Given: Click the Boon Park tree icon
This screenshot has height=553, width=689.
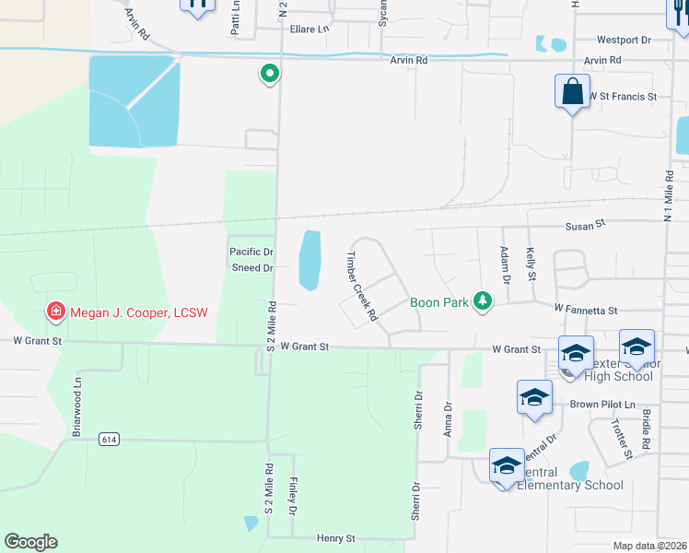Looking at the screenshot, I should click(481, 300).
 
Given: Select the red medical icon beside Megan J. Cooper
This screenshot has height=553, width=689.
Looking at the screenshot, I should click(56, 312).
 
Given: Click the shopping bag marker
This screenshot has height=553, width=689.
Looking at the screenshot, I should click(572, 92).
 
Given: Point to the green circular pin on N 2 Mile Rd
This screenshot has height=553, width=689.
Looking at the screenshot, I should click(269, 73).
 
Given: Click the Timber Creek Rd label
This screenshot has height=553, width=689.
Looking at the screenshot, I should click(362, 286).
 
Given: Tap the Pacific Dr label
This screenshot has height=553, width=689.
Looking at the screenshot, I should click(251, 252).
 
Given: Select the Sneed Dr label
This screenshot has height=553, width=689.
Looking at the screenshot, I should click(251, 268).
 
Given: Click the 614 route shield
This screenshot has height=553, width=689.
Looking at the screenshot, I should click(109, 440).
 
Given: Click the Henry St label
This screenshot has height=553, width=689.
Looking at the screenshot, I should click(336, 537).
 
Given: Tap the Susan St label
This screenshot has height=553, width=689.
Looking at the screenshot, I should click(585, 224).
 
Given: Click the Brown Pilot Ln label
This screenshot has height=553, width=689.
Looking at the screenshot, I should click(602, 405).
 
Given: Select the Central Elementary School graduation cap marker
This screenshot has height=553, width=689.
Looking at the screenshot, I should click(506, 467).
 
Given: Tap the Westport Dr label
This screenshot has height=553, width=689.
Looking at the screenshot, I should click(624, 41).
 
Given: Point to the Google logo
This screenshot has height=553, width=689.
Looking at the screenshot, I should click(30, 541).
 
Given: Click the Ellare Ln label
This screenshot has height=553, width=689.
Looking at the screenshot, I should click(309, 29).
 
